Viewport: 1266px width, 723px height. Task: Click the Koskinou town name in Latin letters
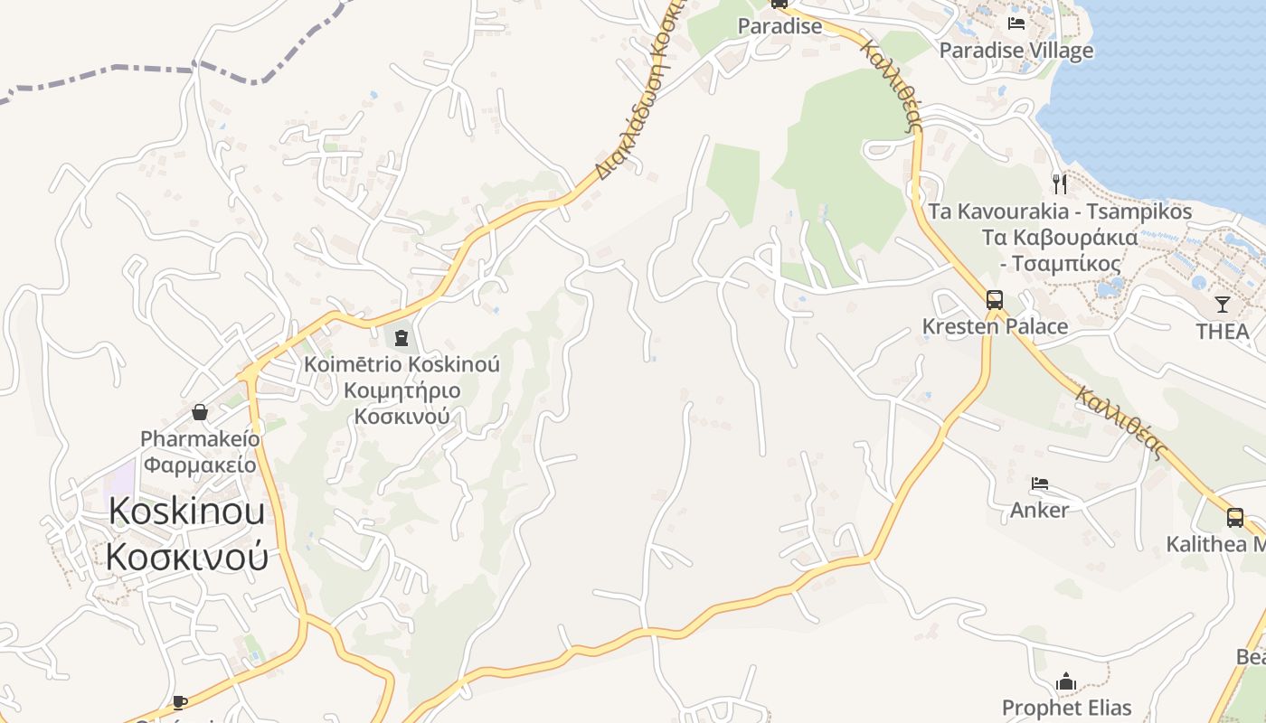[x=187, y=512]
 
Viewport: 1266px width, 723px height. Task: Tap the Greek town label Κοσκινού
[x=187, y=556]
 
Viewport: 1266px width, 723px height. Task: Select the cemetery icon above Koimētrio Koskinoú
[x=401, y=338]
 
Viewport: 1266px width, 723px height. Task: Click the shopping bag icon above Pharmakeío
[x=200, y=413]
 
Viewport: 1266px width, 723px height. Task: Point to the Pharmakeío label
[x=200, y=439]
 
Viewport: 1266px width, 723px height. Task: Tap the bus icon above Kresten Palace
[x=995, y=300]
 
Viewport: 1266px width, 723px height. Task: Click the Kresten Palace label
[x=995, y=326]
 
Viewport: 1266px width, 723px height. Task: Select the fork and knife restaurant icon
[x=1060, y=184]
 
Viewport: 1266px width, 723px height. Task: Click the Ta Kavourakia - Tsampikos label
[x=1060, y=212]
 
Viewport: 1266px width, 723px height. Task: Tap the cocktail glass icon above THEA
[x=1223, y=305]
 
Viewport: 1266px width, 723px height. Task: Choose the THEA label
[x=1223, y=332]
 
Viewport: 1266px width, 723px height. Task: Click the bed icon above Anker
[x=1040, y=484]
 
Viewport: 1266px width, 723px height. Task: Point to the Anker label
[x=1039, y=510]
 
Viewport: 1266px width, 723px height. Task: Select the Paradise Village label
[x=1016, y=51]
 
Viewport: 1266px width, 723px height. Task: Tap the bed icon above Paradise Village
[x=1016, y=23]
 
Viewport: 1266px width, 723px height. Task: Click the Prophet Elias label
[x=1067, y=708]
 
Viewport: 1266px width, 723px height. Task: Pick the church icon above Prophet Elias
[x=1067, y=681]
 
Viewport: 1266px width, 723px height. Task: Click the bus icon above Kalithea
[x=1235, y=518]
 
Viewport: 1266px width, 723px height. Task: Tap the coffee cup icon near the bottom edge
[x=180, y=702]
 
